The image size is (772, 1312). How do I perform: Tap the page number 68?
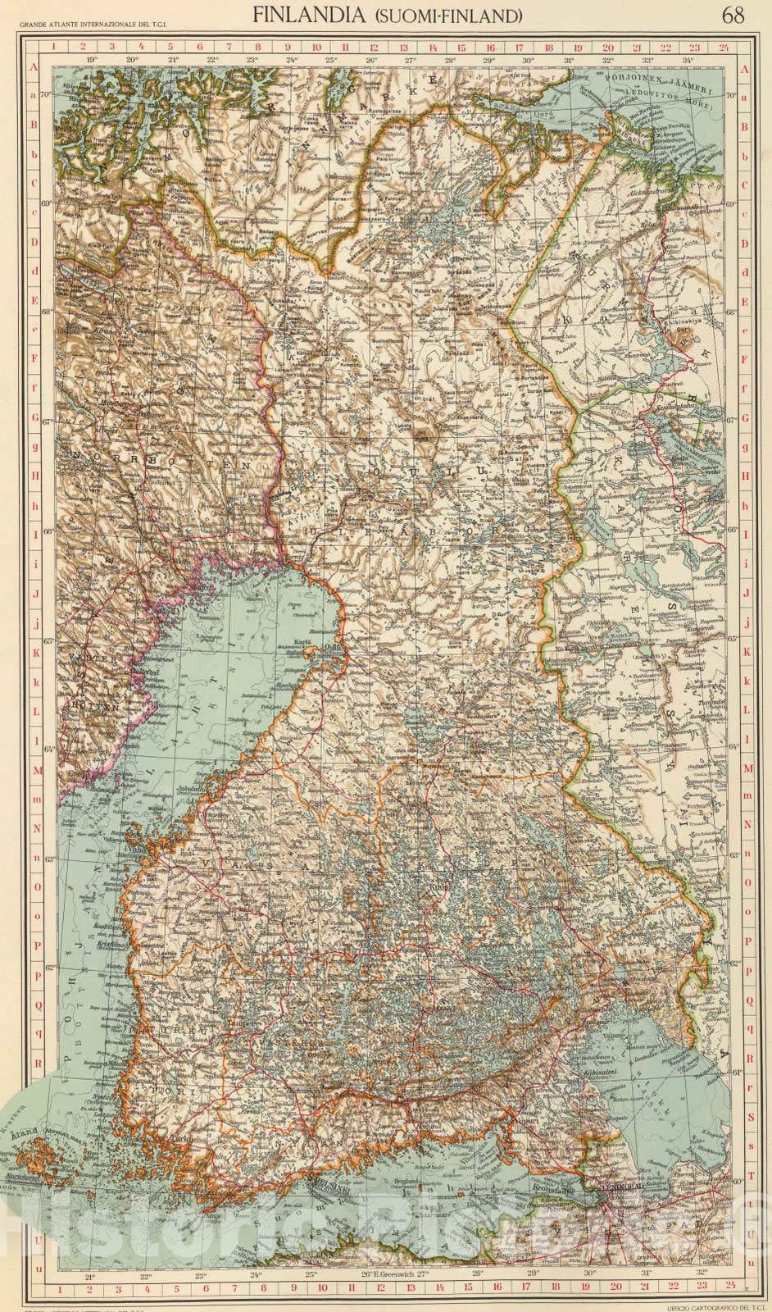(x=734, y=15)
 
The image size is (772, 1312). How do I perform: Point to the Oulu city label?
(x=332, y=647)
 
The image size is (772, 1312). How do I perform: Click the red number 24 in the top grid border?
(x=723, y=47)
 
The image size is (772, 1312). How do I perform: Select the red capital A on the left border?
(x=34, y=70)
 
